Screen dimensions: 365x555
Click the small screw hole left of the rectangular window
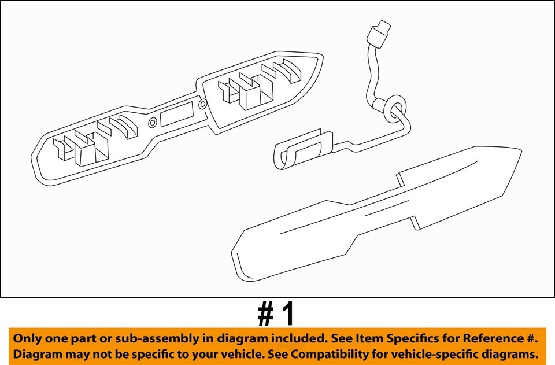pos(153,123)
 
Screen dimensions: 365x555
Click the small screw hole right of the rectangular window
pos(202,105)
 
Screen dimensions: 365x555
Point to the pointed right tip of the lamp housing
pos(321,59)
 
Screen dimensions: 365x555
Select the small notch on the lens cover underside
pos(414,222)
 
